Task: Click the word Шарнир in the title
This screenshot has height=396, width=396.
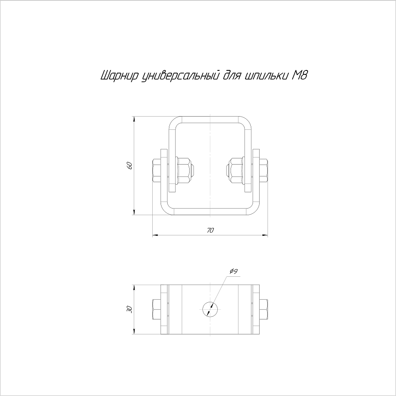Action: point(119,76)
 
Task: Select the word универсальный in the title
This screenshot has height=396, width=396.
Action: point(180,76)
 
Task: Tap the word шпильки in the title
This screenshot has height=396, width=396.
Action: point(267,76)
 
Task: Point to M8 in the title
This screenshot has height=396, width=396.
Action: point(300,75)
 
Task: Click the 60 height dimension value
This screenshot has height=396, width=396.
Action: point(130,165)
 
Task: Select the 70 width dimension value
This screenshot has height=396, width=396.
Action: point(210,230)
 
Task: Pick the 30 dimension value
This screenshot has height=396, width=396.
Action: point(130,309)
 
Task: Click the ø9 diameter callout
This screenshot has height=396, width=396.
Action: point(234,271)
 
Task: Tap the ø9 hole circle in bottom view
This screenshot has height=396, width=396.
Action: point(210,309)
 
